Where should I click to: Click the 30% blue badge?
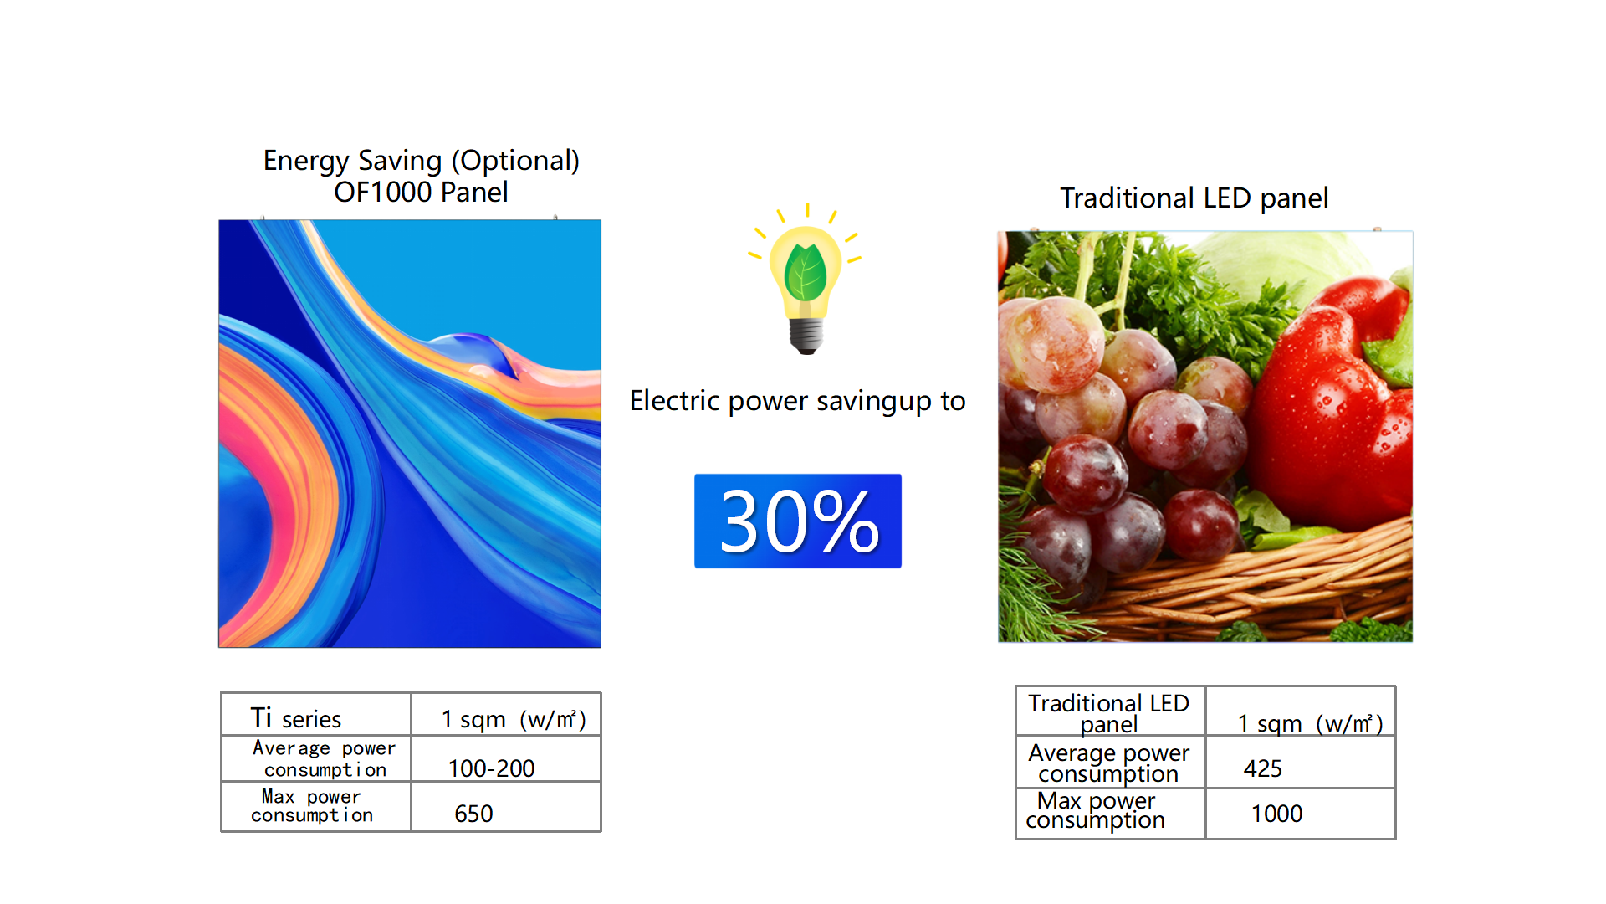pos(797,521)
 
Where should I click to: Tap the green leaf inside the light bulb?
pos(806,273)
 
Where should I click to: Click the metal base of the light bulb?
pos(806,336)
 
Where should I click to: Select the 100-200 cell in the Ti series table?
pos(506,759)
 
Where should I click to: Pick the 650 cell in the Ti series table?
pos(506,807)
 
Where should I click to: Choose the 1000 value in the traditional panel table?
pos(1301,814)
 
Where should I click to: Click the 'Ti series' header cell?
pos(316,714)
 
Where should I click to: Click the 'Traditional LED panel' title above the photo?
pos(1194,198)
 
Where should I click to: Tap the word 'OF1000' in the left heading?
pos(383,193)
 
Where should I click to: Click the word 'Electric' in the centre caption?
pos(675,401)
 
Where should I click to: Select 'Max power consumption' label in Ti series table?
pos(312,806)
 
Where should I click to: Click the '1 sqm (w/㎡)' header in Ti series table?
pos(514,719)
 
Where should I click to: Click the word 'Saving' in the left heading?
pos(400,162)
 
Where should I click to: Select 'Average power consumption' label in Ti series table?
pos(325,758)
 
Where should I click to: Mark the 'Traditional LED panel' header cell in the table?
pos(1109,713)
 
